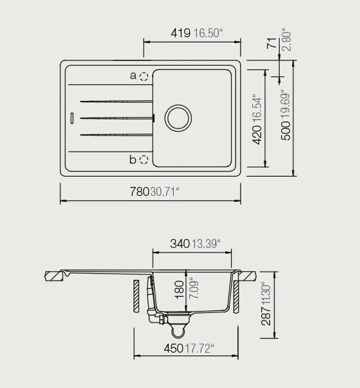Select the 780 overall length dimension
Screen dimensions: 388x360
tap(139, 191)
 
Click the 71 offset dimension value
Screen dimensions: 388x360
tap(272, 43)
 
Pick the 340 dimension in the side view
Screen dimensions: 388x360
tap(180, 243)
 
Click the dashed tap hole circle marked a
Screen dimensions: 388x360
tap(144, 76)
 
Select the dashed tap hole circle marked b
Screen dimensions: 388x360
tap(144, 159)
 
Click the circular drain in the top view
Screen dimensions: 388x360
tap(178, 118)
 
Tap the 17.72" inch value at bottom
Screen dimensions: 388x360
tap(199, 348)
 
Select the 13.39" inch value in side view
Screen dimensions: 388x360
tap(206, 243)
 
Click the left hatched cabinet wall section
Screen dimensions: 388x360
tap(136, 295)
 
